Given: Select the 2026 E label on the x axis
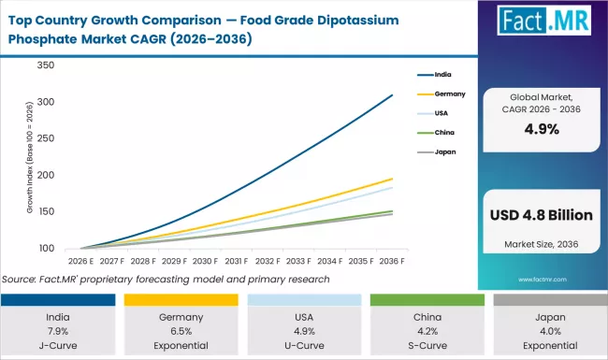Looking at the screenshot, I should (81, 261).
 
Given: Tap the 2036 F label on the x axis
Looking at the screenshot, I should (391, 261).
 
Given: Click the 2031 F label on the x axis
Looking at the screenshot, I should (237, 261).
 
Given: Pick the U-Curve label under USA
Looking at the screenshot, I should (302, 344).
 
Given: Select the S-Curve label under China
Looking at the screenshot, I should (425, 344).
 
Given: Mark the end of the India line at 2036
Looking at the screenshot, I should (392, 94).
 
